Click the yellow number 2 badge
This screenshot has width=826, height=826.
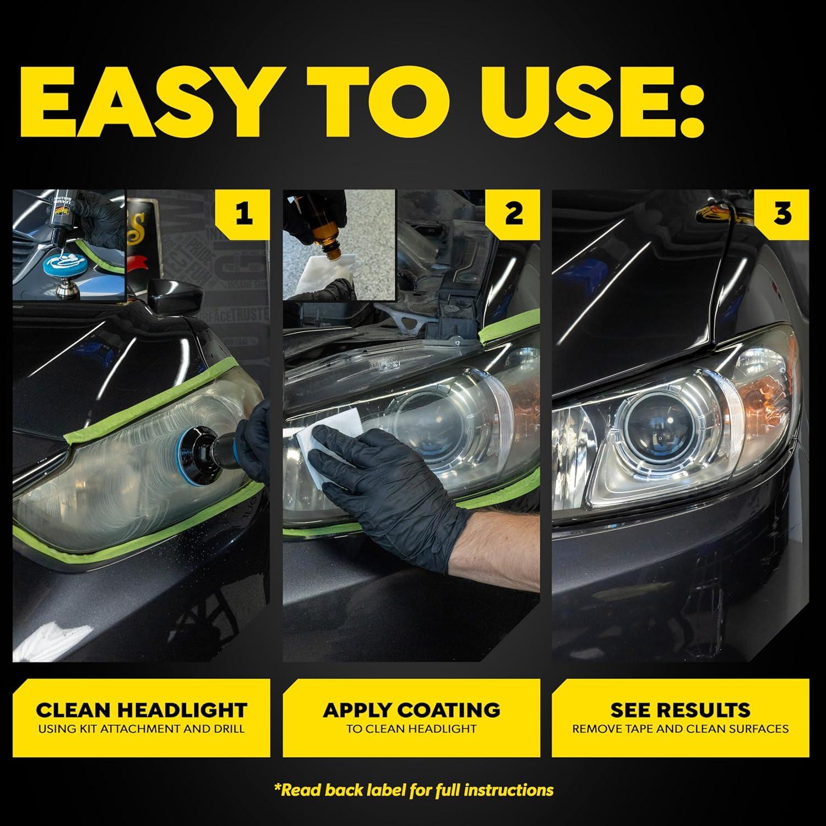click(x=514, y=214)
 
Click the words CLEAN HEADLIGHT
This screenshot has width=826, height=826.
click(x=141, y=710)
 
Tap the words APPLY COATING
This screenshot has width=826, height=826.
click(x=411, y=710)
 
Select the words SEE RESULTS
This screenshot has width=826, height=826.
click(x=681, y=710)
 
